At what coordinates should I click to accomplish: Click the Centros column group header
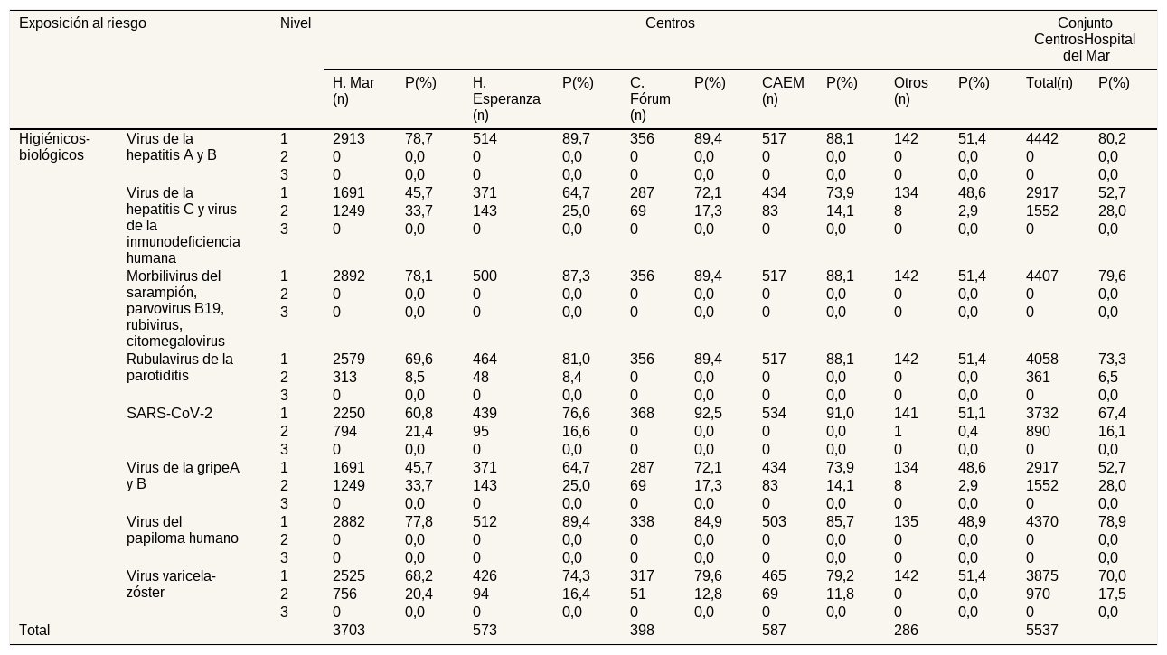(670, 23)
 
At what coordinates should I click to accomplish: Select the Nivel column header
(296, 23)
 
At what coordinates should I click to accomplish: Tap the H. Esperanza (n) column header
(506, 98)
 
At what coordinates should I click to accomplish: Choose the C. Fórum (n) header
(650, 98)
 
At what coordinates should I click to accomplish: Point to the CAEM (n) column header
(783, 90)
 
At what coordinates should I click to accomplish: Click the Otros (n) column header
(910, 90)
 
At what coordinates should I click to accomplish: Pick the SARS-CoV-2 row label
(169, 414)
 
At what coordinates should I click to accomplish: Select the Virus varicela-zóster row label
(171, 585)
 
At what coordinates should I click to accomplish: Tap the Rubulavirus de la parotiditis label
(179, 368)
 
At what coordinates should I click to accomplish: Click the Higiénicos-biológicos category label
(54, 147)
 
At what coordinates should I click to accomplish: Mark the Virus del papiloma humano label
(183, 530)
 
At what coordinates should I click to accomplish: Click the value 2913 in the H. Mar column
(349, 139)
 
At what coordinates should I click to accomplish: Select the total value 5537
(1042, 631)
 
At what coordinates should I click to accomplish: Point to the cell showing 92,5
(708, 414)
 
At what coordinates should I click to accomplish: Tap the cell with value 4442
(1042, 139)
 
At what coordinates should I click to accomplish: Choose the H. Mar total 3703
(349, 631)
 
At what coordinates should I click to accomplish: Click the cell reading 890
(1038, 432)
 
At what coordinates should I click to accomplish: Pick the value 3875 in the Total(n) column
(1042, 576)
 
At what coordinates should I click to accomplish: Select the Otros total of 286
(906, 631)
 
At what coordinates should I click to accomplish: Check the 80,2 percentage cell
(1112, 139)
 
